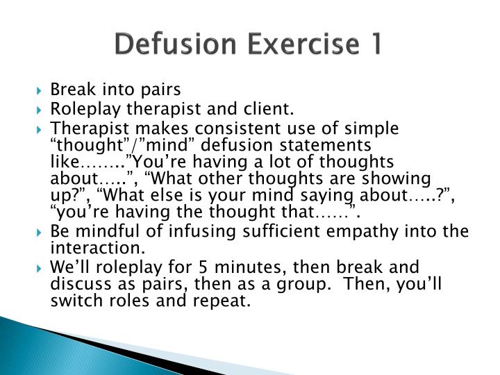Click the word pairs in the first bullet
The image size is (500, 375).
tap(161, 90)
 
